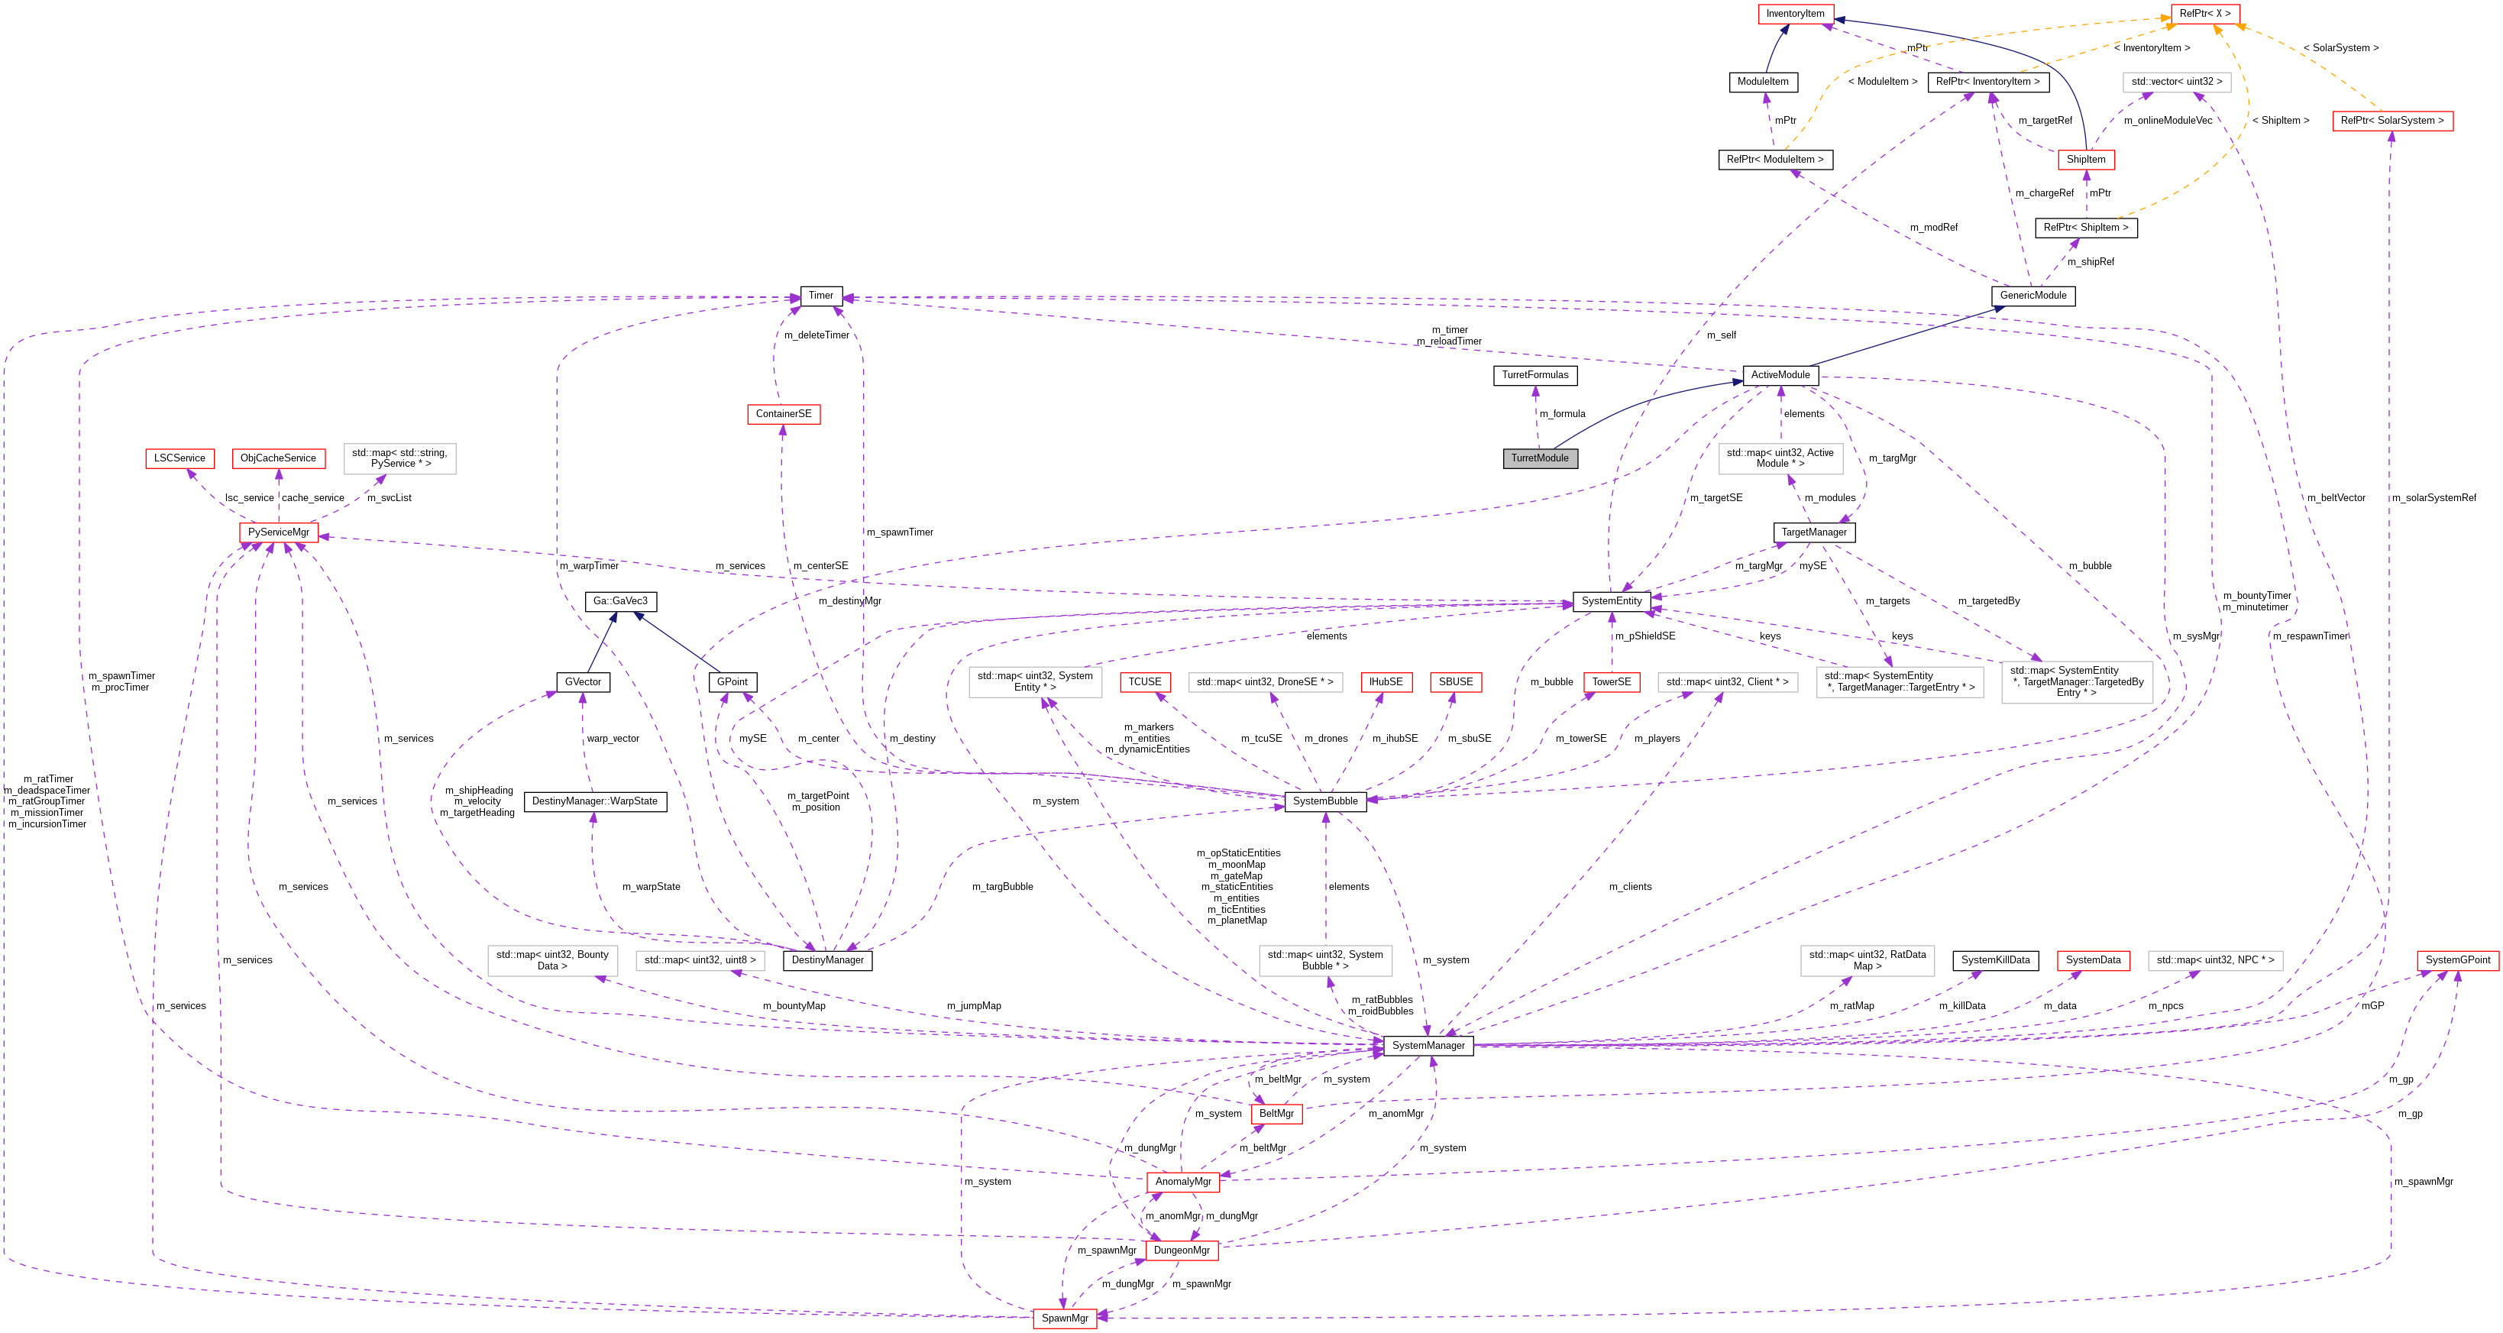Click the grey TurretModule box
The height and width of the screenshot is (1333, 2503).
pyautogui.click(x=1540, y=458)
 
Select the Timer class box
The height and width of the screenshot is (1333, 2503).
pyautogui.click(x=821, y=296)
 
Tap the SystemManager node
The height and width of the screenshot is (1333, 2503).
pyautogui.click(x=1428, y=1046)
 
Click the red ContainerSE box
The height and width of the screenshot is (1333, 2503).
pyautogui.click(x=783, y=414)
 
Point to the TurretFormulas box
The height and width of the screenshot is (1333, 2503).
pyautogui.click(x=1535, y=375)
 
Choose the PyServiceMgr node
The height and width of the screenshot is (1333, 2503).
pyautogui.click(x=279, y=532)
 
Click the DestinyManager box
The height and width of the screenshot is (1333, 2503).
pyautogui.click(x=827, y=960)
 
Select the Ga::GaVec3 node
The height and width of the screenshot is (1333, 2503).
pyautogui.click(x=620, y=601)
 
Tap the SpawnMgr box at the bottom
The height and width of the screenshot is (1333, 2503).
pyautogui.click(x=1065, y=1318)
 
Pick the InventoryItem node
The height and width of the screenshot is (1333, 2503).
pyautogui.click(x=1795, y=14)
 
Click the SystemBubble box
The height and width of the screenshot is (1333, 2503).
pyautogui.click(x=1325, y=801)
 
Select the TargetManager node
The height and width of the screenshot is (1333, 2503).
pyautogui.click(x=1814, y=532)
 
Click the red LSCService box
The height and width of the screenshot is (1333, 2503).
pyautogui.click(x=179, y=458)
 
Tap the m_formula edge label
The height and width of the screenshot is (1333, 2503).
pyautogui.click(x=1563, y=414)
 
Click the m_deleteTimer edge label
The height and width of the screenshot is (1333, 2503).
pyautogui.click(x=817, y=335)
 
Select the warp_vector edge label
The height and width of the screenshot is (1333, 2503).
pyautogui.click(x=613, y=739)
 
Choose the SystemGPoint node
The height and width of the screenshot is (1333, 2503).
pyautogui.click(x=2457, y=960)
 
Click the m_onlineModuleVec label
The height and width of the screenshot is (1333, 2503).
pyautogui.click(x=2168, y=121)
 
